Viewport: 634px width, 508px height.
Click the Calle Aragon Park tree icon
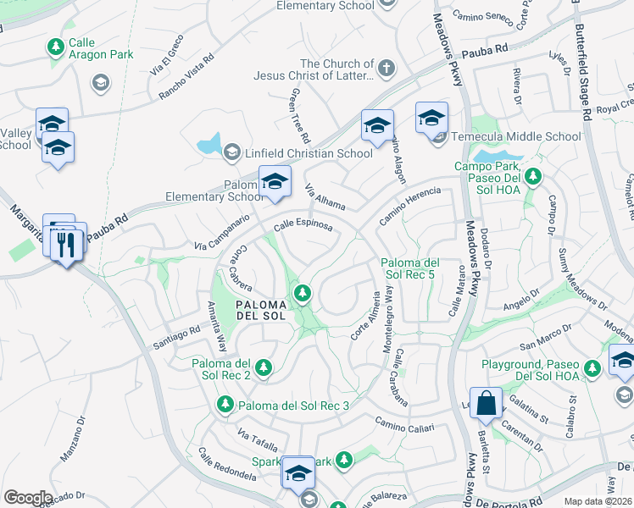[56, 47]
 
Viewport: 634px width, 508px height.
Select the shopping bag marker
[487, 404]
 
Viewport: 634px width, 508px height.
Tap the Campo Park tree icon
[533, 177]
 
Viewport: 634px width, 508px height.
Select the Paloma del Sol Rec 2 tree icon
[264, 367]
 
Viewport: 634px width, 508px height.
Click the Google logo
[28, 498]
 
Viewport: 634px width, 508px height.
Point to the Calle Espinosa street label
[302, 224]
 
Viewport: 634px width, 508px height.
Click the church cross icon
[387, 69]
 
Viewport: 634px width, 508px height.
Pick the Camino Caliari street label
[403, 423]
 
